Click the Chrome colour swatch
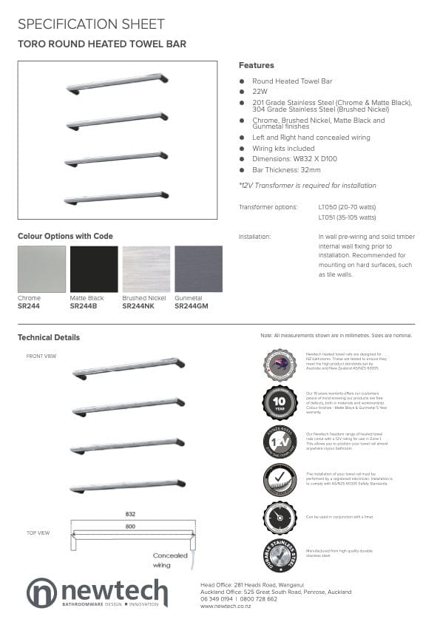(41, 269)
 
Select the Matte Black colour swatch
(94, 269)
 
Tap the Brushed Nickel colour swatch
(146, 269)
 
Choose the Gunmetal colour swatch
(198, 269)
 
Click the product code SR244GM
(192, 305)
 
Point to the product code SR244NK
(138, 305)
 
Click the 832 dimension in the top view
(130, 513)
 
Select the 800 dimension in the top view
(130, 527)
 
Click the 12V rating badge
(280, 442)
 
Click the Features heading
(256, 65)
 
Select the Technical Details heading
(49, 337)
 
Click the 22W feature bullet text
(259, 92)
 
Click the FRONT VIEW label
(41, 356)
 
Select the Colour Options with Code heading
(65, 236)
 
